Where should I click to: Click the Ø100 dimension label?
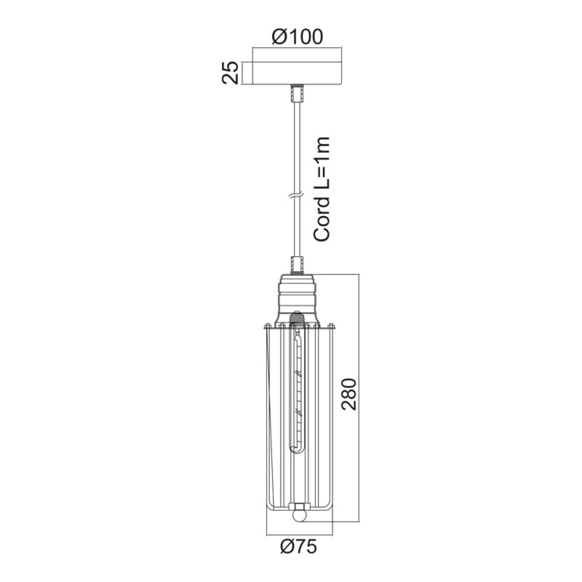tap(297, 37)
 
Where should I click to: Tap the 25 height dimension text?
tap(230, 73)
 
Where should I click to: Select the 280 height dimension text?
tap(349, 394)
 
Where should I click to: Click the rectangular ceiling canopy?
tap(297, 73)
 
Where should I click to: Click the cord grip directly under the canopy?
tap(297, 94)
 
